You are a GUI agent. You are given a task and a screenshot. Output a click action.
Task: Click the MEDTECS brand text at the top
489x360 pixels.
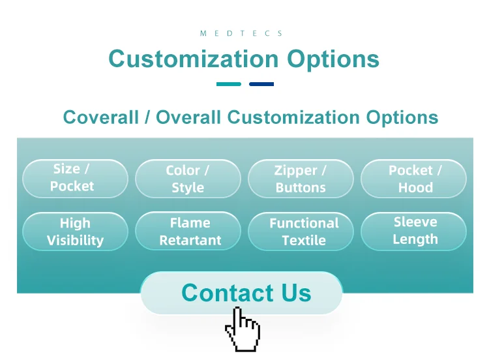click(x=241, y=33)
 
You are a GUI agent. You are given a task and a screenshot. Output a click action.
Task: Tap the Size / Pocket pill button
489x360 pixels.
click(x=75, y=179)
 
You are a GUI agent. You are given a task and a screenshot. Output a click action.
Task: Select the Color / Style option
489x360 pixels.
click(x=188, y=179)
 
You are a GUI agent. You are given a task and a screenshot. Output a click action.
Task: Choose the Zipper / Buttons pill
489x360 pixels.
click(x=301, y=179)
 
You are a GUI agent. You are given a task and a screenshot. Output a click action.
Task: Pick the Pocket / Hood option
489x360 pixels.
click(x=413, y=179)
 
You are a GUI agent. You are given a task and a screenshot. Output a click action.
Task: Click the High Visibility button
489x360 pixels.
click(x=75, y=231)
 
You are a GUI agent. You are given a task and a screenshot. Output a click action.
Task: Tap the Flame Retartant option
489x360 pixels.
click(x=188, y=231)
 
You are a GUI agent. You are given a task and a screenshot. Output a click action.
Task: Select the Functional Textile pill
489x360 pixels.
click(x=301, y=231)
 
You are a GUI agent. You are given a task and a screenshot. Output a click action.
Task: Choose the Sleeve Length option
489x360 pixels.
click(x=413, y=231)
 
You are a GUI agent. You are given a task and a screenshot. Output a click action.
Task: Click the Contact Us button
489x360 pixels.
click(x=241, y=293)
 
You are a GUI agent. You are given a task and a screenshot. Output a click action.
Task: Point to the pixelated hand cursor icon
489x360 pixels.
click(x=243, y=329)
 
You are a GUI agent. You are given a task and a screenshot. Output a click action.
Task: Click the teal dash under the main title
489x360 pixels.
click(x=229, y=84)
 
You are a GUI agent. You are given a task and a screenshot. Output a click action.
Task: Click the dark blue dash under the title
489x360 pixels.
click(x=261, y=84)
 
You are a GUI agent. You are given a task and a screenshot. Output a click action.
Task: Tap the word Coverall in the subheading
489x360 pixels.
click(x=100, y=117)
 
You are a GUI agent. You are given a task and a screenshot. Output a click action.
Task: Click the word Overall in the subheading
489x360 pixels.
click(x=188, y=117)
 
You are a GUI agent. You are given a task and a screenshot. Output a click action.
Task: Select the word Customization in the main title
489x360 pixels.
click(x=194, y=59)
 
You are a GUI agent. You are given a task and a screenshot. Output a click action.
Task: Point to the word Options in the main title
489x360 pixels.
click(x=333, y=59)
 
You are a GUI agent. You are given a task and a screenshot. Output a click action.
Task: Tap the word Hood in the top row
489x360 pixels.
click(x=415, y=187)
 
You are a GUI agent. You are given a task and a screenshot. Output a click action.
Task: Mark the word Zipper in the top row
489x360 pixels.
click(x=295, y=171)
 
